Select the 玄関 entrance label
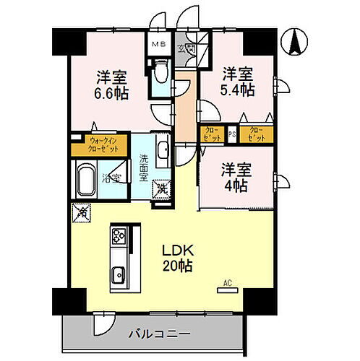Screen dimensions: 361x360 189,49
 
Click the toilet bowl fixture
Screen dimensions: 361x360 161,71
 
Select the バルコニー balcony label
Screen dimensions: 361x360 160,334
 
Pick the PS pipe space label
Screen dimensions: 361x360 232,134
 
